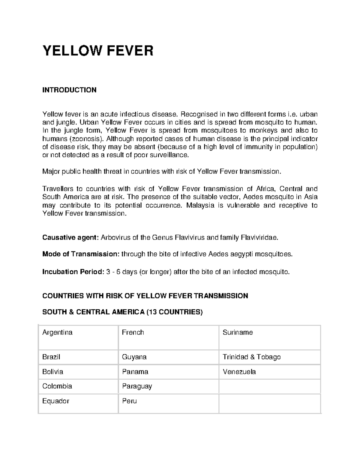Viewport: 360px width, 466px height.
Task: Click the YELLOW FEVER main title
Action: pyautogui.click(x=98, y=51)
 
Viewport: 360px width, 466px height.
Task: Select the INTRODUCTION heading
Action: pyautogui.click(x=69, y=90)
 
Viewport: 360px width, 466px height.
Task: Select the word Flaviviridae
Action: pyautogui.click(x=259, y=238)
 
